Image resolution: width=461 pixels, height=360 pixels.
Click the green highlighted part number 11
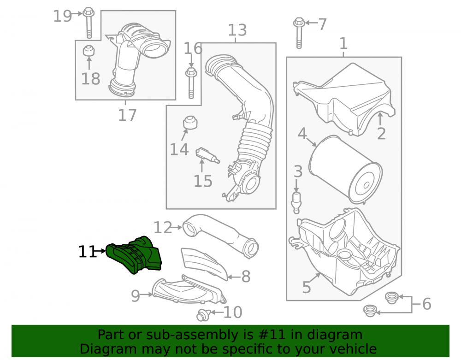[x=134, y=254]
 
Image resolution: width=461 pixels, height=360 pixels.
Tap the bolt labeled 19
[x=89, y=24]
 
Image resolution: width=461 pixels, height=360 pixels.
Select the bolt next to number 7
[x=299, y=33]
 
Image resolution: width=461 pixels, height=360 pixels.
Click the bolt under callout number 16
[x=191, y=83]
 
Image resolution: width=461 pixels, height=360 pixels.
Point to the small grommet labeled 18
[x=89, y=51]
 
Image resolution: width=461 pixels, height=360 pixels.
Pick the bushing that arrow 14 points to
[x=190, y=123]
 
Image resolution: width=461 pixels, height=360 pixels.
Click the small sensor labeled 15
[x=207, y=155]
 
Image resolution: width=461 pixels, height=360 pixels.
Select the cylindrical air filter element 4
[x=346, y=170]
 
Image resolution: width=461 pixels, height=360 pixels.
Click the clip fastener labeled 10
[x=202, y=315]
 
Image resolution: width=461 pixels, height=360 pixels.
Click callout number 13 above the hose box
[x=237, y=30]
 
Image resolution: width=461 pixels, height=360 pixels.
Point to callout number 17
[x=127, y=115]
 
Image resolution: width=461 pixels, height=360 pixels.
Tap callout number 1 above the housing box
[x=343, y=43]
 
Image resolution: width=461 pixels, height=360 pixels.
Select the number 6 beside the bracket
[x=426, y=304]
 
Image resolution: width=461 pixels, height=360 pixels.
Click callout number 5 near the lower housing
[x=307, y=287]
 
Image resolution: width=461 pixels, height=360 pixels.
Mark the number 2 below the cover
[x=381, y=134]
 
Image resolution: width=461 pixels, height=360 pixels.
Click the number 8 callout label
[x=246, y=277]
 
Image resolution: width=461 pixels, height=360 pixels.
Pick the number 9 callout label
[x=136, y=296]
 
